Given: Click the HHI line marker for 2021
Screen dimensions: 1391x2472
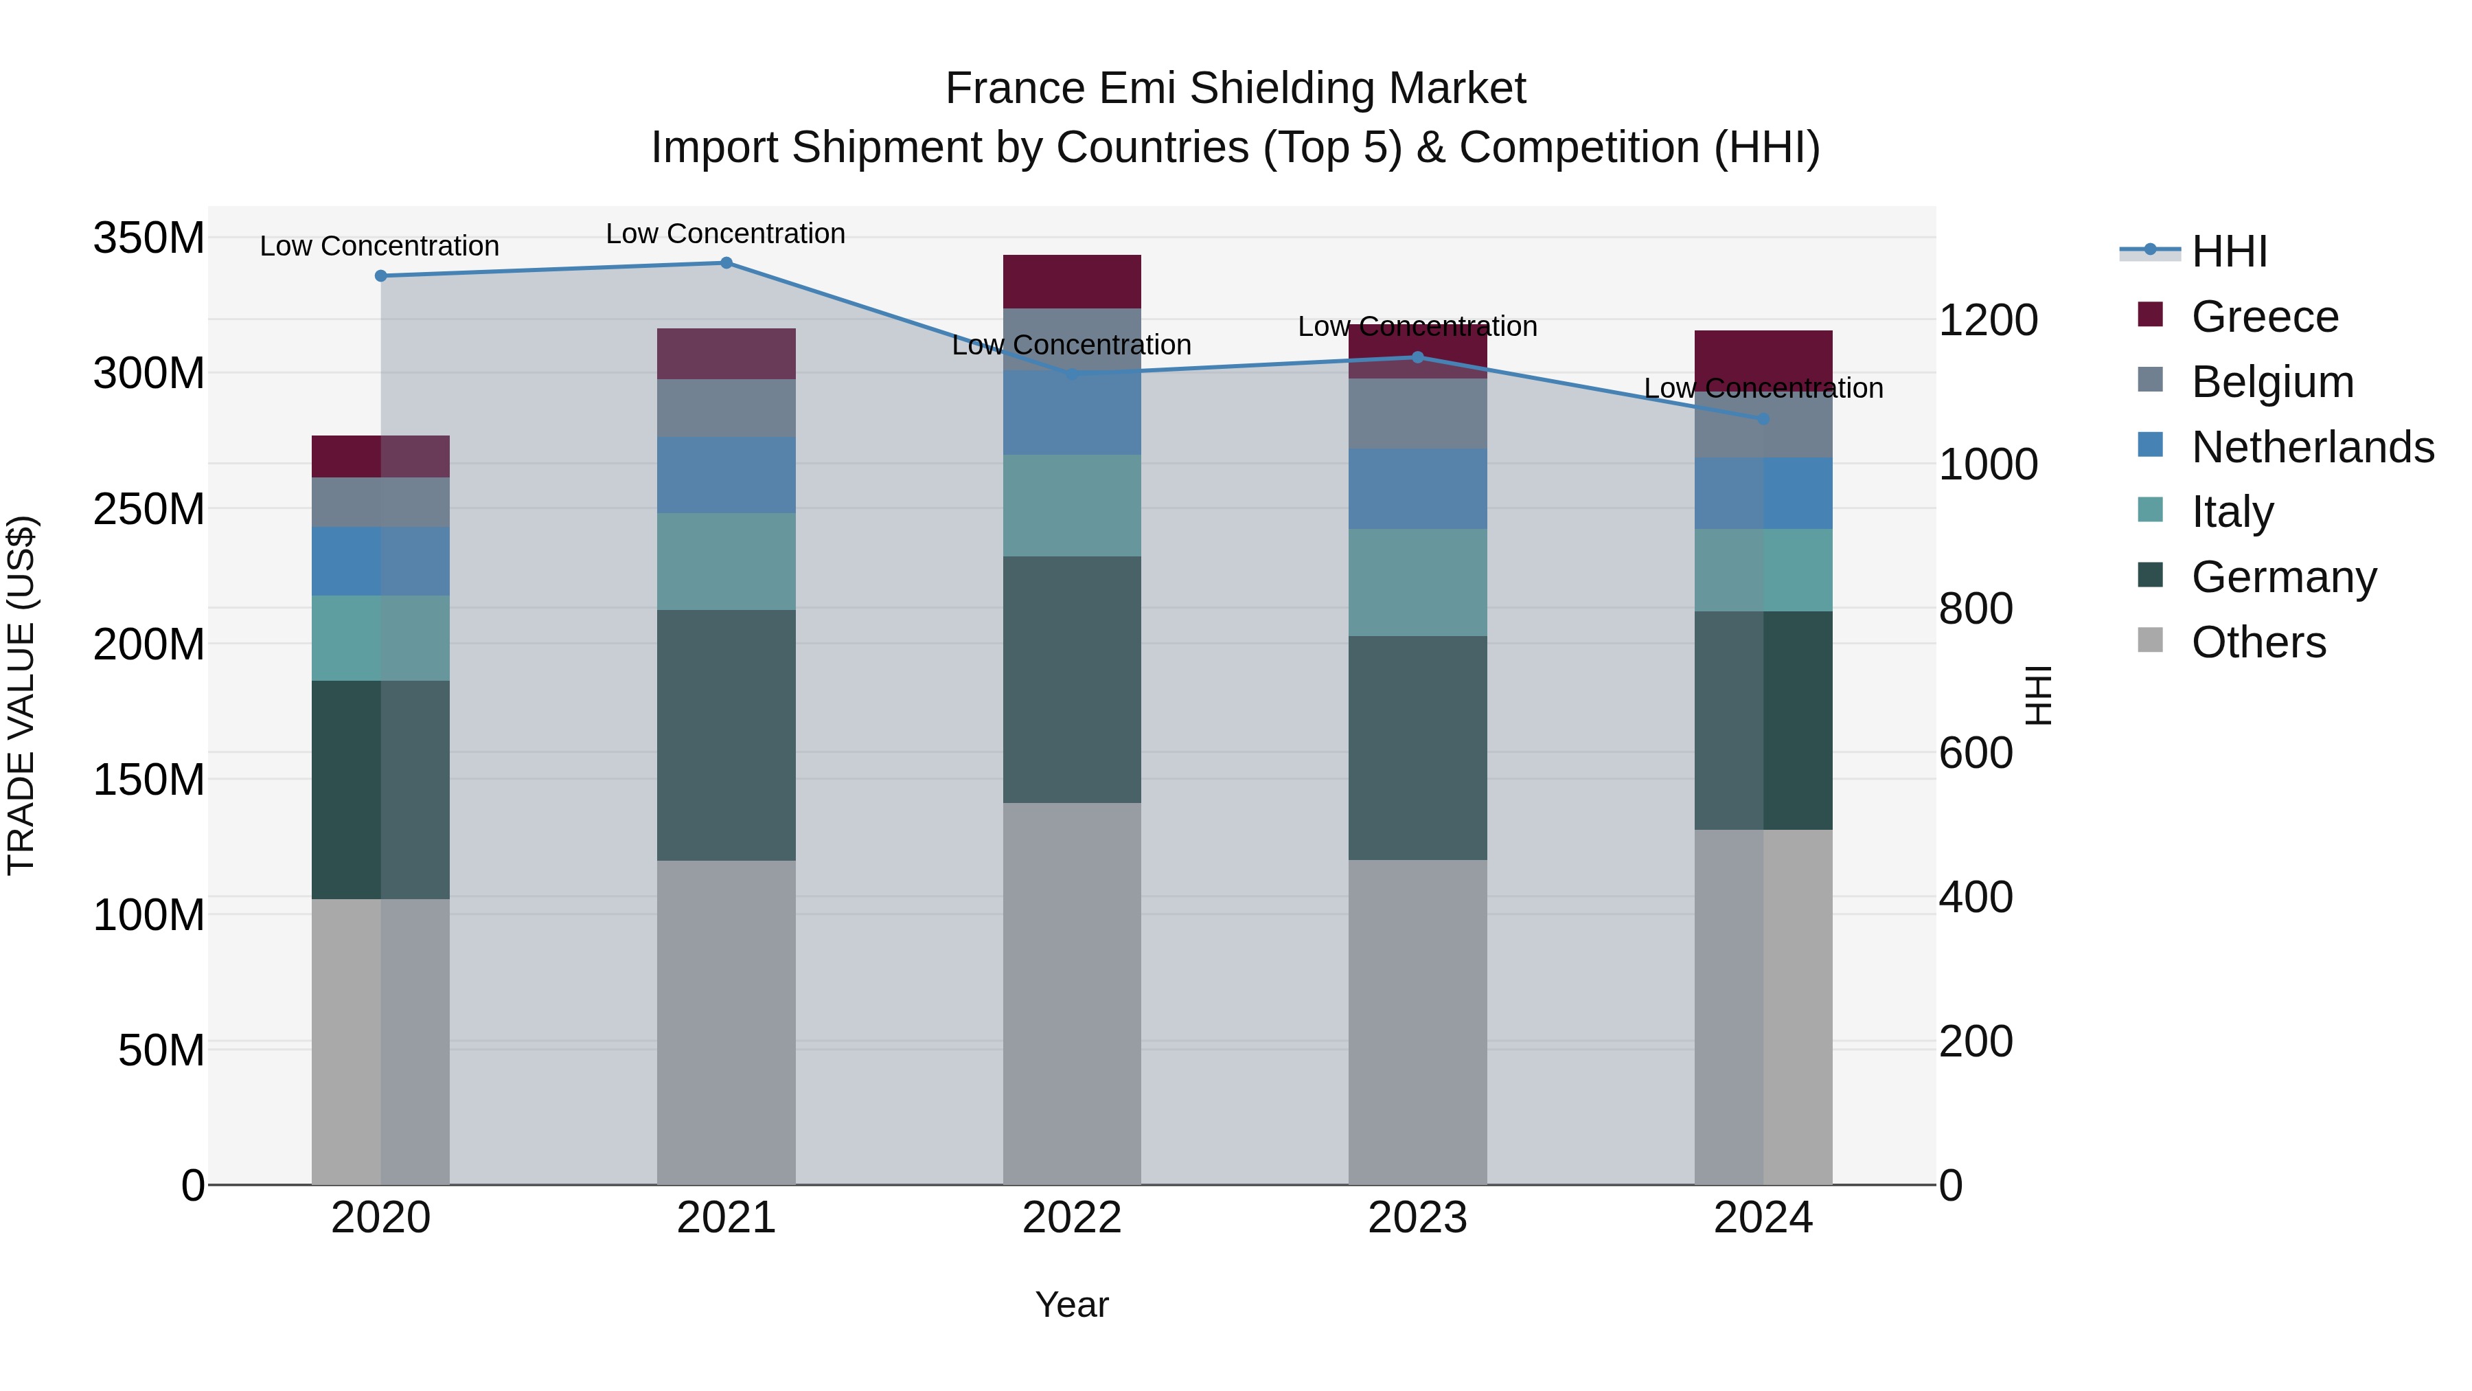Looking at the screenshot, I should [726, 263].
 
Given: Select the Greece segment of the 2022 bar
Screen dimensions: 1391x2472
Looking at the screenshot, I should [1072, 281].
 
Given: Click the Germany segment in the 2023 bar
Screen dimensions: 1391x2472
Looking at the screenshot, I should [1417, 748].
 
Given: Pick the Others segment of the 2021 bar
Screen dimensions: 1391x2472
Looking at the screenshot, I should [726, 1021].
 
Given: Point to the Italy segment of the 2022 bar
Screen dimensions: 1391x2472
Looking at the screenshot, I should [1072, 505].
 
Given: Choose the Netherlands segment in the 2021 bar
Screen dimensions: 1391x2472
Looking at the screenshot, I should [726, 475].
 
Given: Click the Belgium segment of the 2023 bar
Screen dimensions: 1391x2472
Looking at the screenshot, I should [1417, 414].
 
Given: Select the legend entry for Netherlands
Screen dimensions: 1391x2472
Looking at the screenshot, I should [2312, 447].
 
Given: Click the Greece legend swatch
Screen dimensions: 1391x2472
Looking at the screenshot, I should [2151, 315].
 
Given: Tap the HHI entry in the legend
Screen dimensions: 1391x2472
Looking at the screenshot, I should [2228, 251].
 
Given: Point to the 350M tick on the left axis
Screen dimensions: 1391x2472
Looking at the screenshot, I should [149, 238].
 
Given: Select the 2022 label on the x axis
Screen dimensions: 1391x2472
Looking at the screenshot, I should [1072, 1218].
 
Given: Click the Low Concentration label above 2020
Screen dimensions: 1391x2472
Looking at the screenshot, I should [379, 246].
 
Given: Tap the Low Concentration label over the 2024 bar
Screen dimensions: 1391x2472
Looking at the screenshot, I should [1763, 388].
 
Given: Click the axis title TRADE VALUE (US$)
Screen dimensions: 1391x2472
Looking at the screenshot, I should [21, 695].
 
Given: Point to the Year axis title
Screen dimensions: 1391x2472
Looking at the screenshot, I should [1072, 1304].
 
